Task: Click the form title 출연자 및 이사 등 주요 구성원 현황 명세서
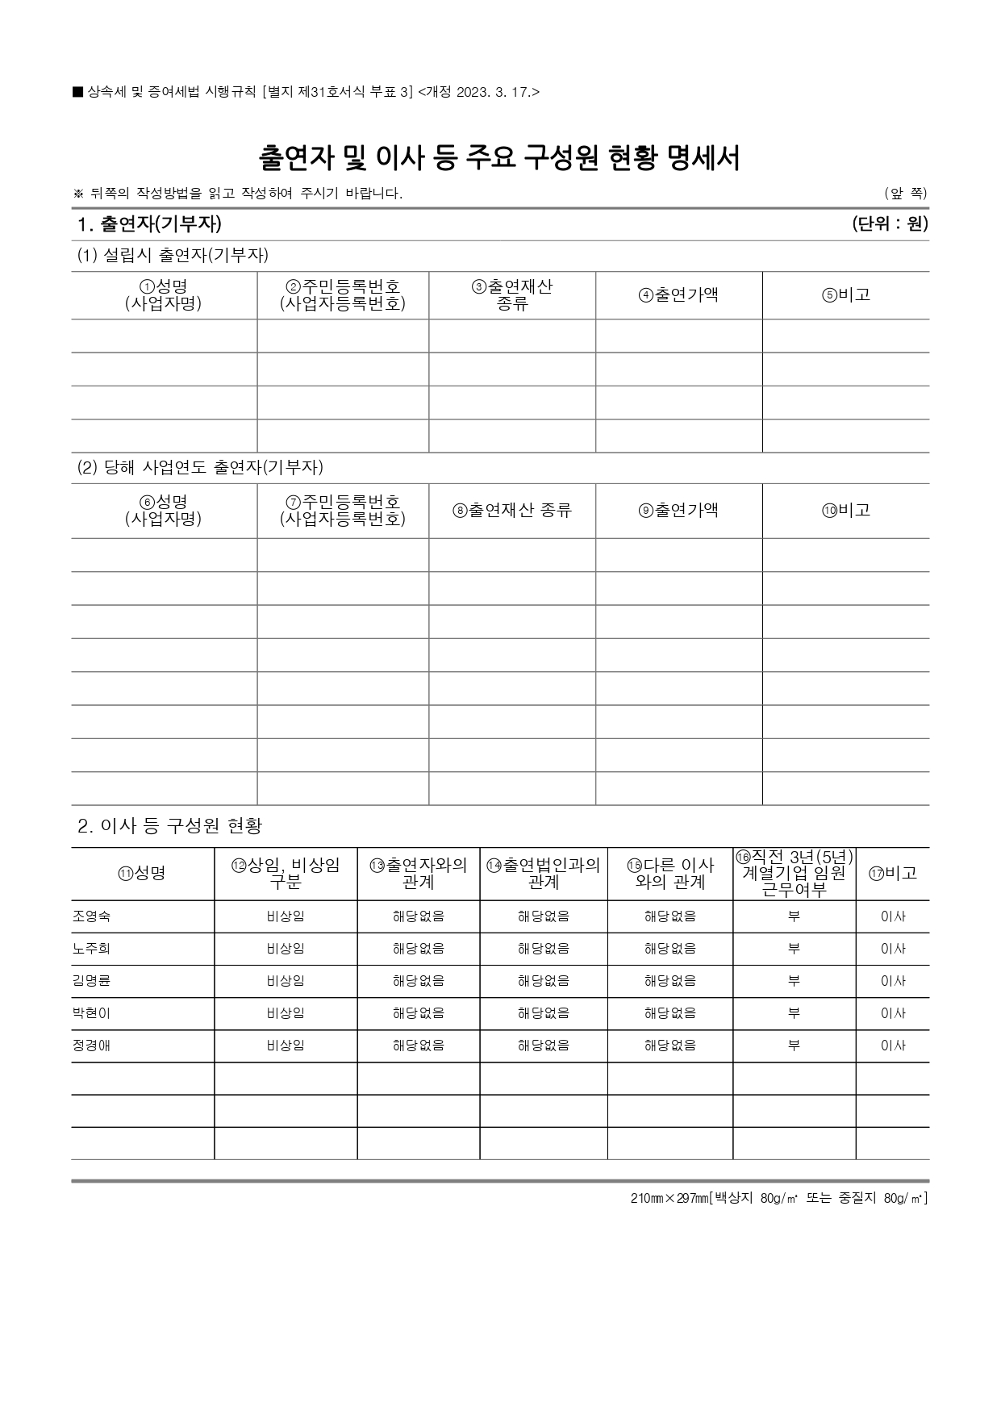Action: coord(499,158)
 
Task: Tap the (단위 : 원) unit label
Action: coord(890,224)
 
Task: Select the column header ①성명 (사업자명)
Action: coord(164,295)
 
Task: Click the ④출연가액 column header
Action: coord(678,295)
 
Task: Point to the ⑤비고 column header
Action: coord(846,295)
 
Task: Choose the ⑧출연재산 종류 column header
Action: coord(512,511)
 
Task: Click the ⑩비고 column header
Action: coord(846,511)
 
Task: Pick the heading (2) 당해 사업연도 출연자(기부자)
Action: coord(200,468)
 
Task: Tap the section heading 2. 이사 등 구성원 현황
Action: coord(170,826)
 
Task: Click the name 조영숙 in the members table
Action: coord(91,916)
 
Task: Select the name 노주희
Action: coord(91,949)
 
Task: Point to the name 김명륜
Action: coord(91,981)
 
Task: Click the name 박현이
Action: coord(91,1013)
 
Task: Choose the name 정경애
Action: coord(91,1046)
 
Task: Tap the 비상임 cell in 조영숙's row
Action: coord(286,916)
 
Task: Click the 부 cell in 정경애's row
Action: coord(794,1046)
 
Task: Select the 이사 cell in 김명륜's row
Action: coord(893,981)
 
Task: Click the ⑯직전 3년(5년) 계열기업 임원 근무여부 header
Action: coord(795,873)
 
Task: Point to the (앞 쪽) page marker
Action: coord(905,194)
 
